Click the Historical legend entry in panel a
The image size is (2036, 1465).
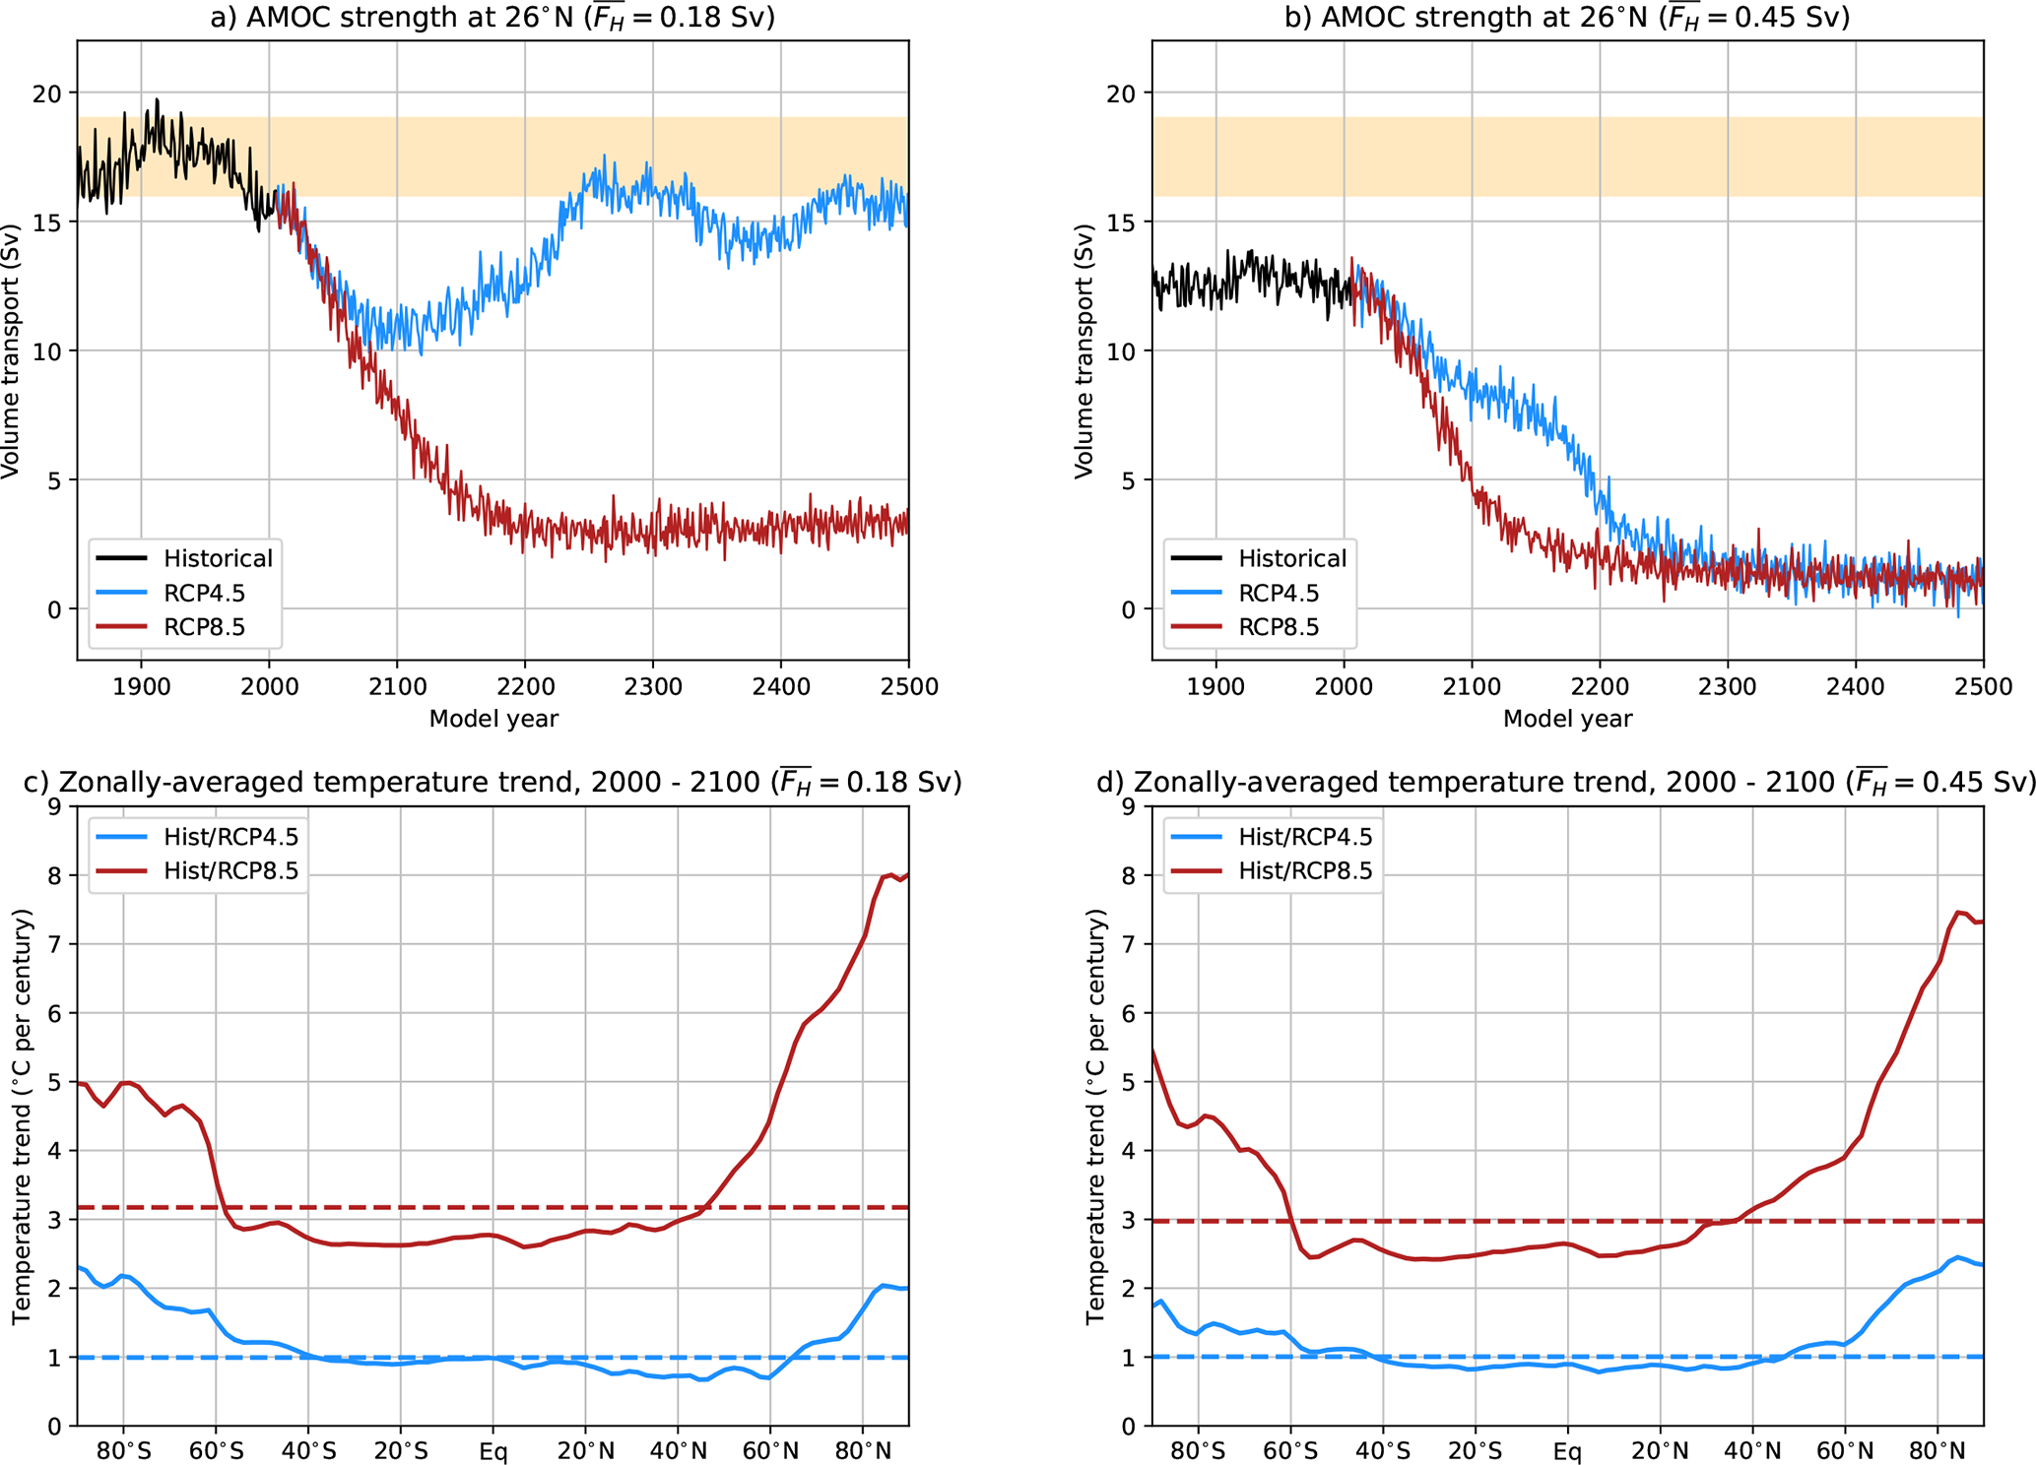coord(217,558)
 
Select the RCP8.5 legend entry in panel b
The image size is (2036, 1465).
coord(1278,627)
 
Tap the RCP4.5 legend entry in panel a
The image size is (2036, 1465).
coord(204,593)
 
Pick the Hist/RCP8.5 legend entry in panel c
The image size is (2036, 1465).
coord(230,870)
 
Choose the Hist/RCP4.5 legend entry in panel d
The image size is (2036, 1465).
coord(1304,836)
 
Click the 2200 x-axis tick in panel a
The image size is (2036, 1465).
coord(525,686)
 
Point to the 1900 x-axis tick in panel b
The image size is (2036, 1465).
coord(1215,686)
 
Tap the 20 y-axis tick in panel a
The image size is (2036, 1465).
coord(46,94)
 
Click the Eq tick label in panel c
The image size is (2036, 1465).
coord(493,1451)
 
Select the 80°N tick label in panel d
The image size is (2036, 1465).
coord(1937,1451)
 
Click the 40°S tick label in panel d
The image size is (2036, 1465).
coord(1382,1451)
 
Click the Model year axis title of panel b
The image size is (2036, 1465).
coord(1567,719)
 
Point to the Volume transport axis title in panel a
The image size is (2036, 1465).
coord(12,351)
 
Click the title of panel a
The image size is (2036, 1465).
coord(493,18)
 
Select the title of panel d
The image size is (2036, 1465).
coord(1566,782)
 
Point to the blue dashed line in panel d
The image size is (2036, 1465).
coord(1675,1357)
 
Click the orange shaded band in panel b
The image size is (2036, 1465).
coord(1566,157)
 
